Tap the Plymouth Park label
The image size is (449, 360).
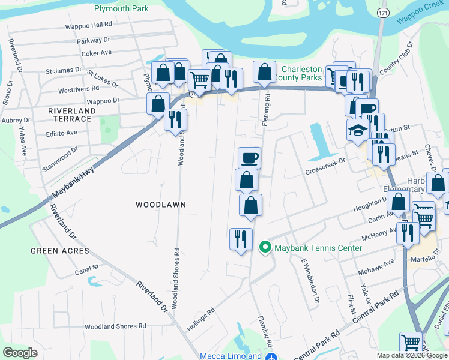coord(121,9)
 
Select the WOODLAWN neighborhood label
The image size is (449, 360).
coord(160,205)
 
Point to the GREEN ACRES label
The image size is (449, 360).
coord(60,251)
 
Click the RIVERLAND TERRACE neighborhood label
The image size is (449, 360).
coord(73,115)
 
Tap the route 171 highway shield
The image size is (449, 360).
coord(382,13)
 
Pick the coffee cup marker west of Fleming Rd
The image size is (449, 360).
coord(249,158)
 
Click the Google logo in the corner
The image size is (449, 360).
coord(20,353)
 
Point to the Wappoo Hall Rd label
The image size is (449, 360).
coord(89,25)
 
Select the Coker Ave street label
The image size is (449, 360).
coord(97,53)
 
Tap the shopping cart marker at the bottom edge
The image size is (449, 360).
coord(411,343)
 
